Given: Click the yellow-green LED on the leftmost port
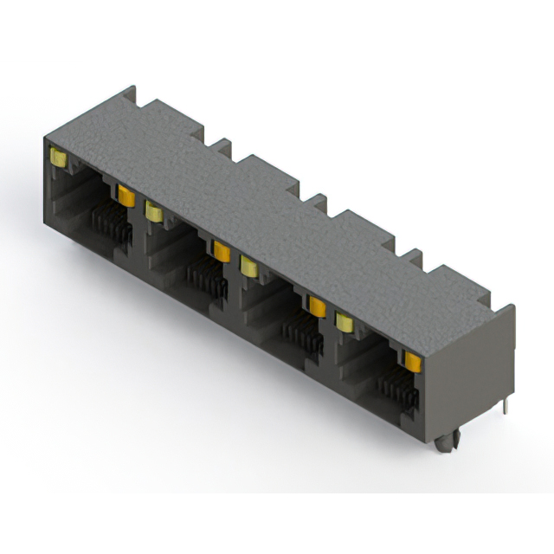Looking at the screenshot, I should point(59,158).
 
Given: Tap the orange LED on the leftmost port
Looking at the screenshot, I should point(126,196).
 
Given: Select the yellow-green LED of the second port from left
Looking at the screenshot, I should point(154,210).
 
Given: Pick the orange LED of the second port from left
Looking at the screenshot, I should point(222,250).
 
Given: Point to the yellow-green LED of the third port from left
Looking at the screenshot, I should point(249,265).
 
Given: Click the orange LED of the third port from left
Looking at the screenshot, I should point(317,305).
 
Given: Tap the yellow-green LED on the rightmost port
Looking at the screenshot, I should point(345,321).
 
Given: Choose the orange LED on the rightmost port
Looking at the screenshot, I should point(412,360).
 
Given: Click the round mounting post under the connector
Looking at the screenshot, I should point(445,443).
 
